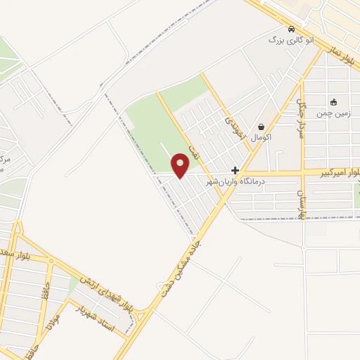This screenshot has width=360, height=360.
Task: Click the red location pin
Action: (x=181, y=166)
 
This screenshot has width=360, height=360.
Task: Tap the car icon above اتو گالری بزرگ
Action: (x=273, y=39)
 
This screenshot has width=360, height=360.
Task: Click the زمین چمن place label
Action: (x=333, y=112)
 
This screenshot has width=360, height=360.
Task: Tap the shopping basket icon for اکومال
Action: (x=262, y=127)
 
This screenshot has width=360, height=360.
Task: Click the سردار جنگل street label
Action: (x=302, y=116)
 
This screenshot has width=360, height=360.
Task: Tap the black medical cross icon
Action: (x=236, y=171)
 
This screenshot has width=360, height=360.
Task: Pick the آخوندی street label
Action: (x=231, y=128)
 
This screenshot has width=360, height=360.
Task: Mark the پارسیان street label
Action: (x=300, y=203)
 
